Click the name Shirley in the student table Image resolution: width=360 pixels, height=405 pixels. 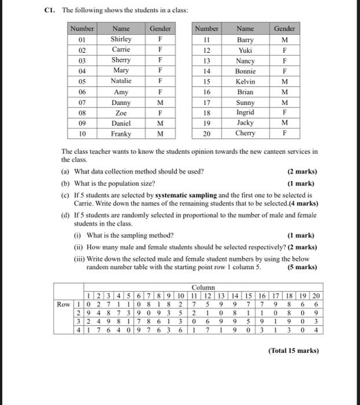[x=121, y=39]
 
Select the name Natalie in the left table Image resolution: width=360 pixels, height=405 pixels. [x=121, y=81]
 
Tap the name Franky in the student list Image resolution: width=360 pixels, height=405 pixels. [x=121, y=134]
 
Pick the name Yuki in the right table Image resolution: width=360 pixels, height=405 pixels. [x=245, y=50]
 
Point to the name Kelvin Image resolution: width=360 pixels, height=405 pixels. [x=245, y=82]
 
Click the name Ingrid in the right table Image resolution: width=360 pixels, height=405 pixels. [x=245, y=113]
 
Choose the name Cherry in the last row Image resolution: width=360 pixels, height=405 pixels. [x=245, y=134]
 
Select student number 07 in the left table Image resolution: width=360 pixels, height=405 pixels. [x=82, y=102]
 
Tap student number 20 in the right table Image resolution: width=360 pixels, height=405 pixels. [x=207, y=134]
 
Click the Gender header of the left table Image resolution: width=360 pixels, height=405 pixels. [x=160, y=28]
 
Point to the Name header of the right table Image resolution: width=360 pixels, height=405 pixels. [x=245, y=28]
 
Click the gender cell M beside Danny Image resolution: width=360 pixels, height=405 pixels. [x=160, y=102]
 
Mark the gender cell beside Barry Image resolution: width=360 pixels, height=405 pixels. [x=284, y=39]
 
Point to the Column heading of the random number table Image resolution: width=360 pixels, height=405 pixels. [x=203, y=288]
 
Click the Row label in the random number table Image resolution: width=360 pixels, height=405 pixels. [x=63, y=304]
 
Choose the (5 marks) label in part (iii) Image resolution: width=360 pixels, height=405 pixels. [x=302, y=267]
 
